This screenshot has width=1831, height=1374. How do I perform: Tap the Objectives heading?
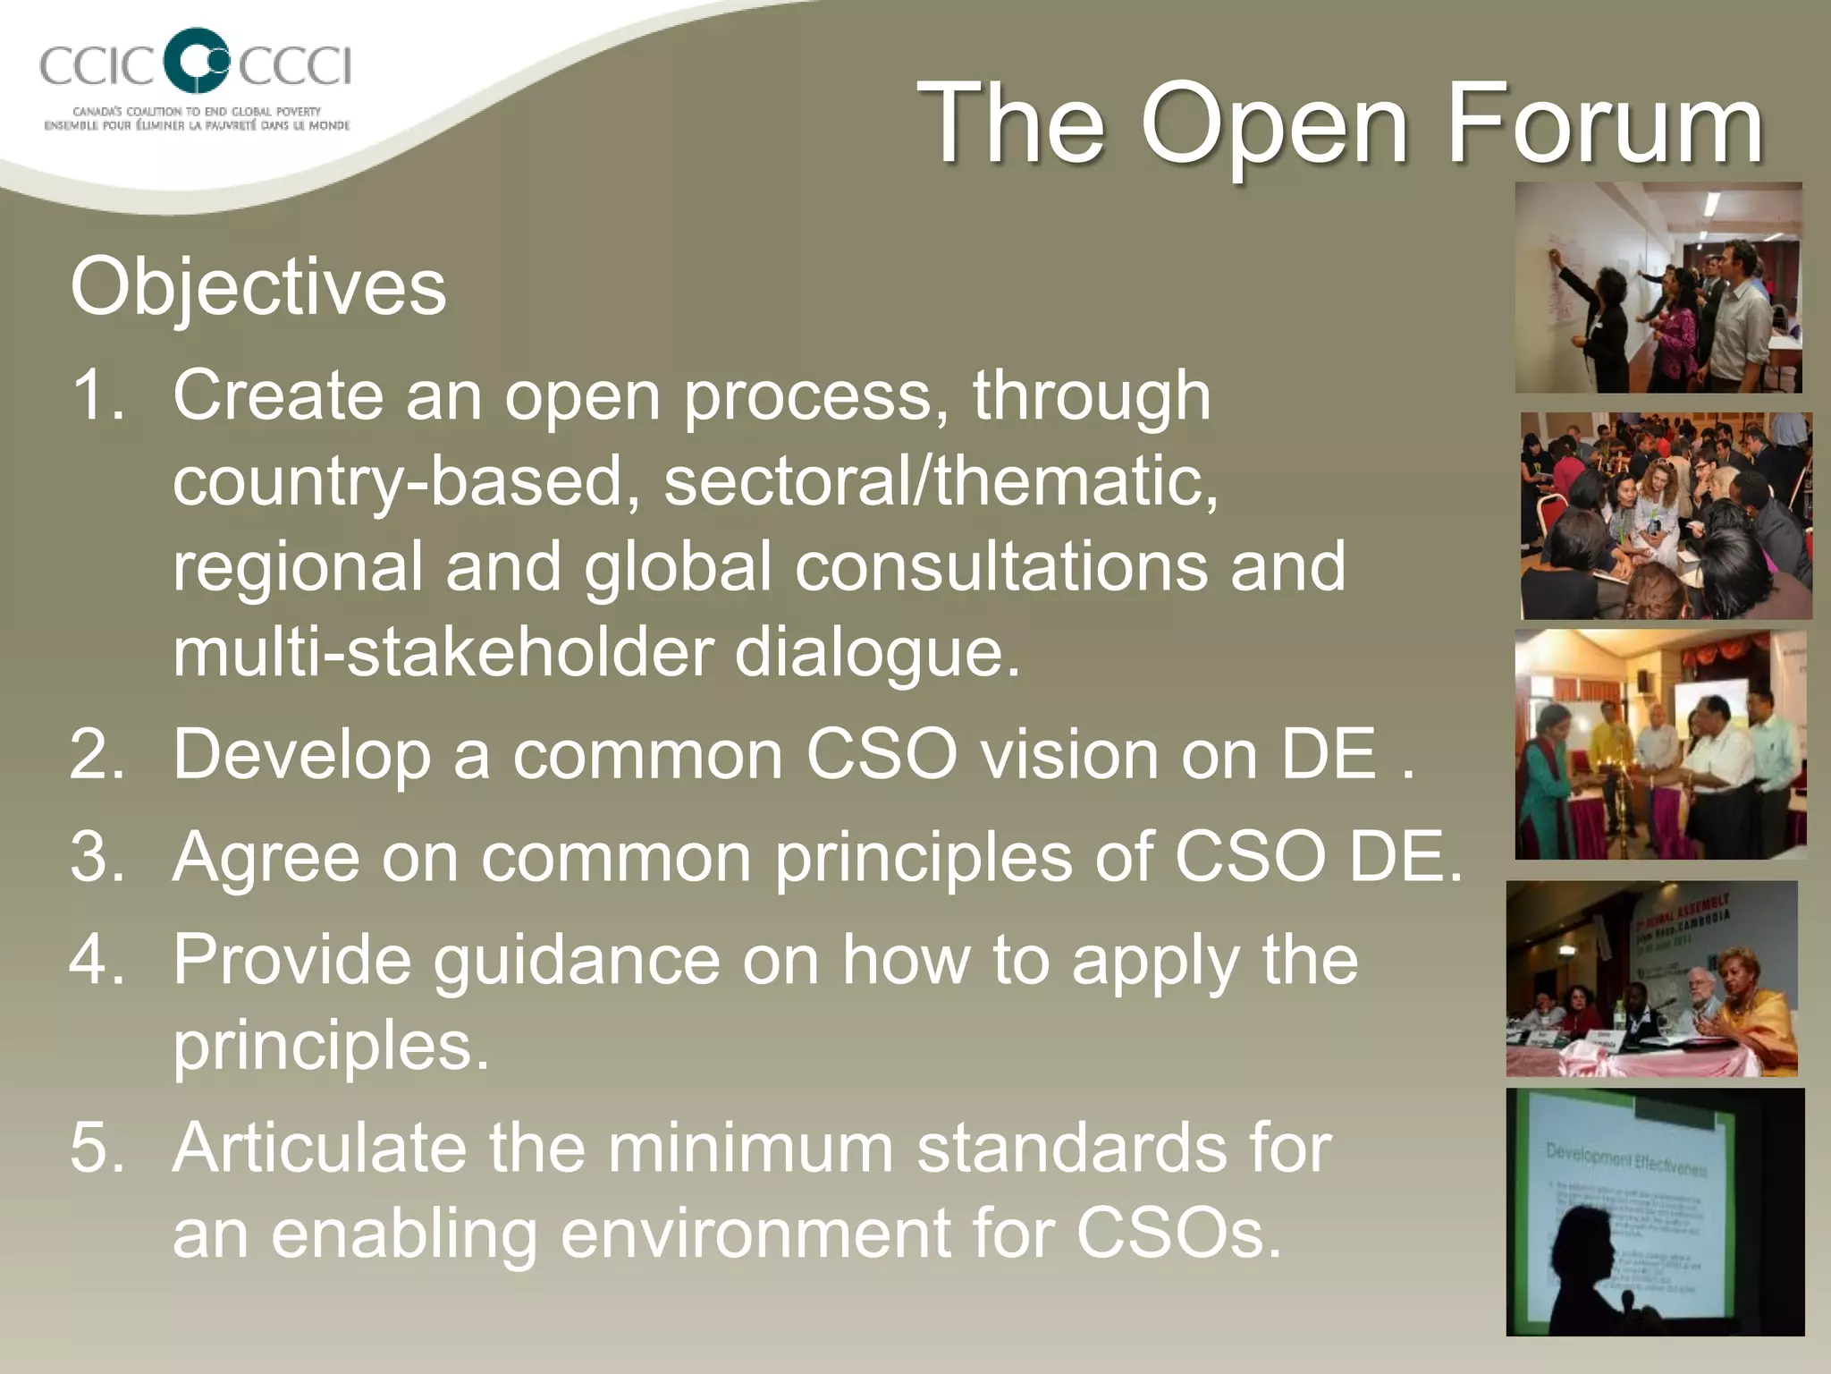(257, 287)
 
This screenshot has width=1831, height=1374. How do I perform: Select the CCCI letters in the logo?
(295, 65)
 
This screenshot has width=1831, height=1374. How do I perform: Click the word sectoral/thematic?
(941, 481)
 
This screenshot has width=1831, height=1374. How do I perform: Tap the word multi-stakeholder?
(443, 652)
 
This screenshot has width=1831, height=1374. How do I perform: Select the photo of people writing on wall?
(1658, 288)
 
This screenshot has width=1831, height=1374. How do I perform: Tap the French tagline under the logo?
(197, 126)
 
